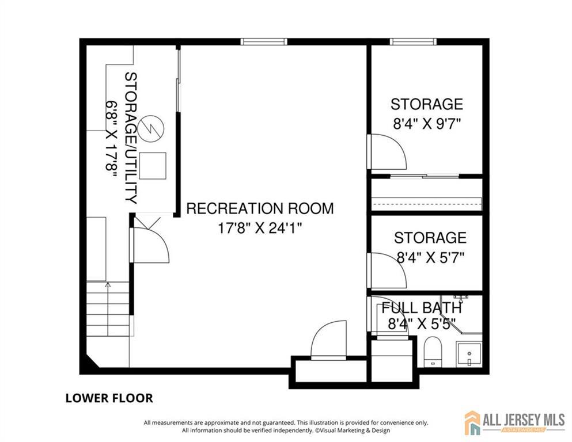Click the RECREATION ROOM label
[x=260, y=208]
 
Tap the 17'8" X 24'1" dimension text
[x=260, y=228]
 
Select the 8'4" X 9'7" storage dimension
[x=427, y=124]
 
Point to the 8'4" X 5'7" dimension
[x=430, y=258]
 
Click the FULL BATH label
[x=422, y=308]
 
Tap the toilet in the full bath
[x=433, y=352]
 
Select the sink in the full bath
[x=469, y=354]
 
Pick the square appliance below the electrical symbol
[x=153, y=166]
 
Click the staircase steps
[x=108, y=309]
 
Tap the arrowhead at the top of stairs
[x=108, y=284]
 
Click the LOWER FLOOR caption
[x=109, y=398]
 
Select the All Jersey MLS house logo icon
[x=472, y=422]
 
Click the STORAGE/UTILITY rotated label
[x=131, y=138]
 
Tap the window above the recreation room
[x=264, y=41]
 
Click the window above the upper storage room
[x=413, y=41]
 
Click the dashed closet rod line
[x=426, y=204]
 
